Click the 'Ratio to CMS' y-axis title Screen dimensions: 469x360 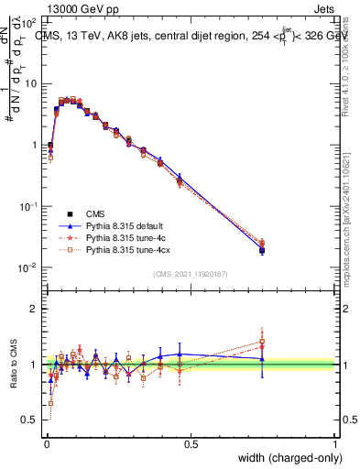point(14,365)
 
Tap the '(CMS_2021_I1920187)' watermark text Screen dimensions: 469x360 point(191,274)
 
